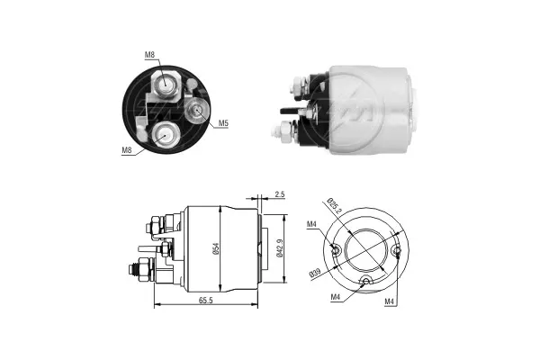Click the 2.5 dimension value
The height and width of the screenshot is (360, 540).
tap(281, 194)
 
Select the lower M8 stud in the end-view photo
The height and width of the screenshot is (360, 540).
tap(166, 134)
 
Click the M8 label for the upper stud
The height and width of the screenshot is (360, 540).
tap(149, 56)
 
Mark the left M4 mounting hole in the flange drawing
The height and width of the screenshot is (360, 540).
tap(335, 250)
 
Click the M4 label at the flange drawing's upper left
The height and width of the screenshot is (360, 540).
tap(311, 225)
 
